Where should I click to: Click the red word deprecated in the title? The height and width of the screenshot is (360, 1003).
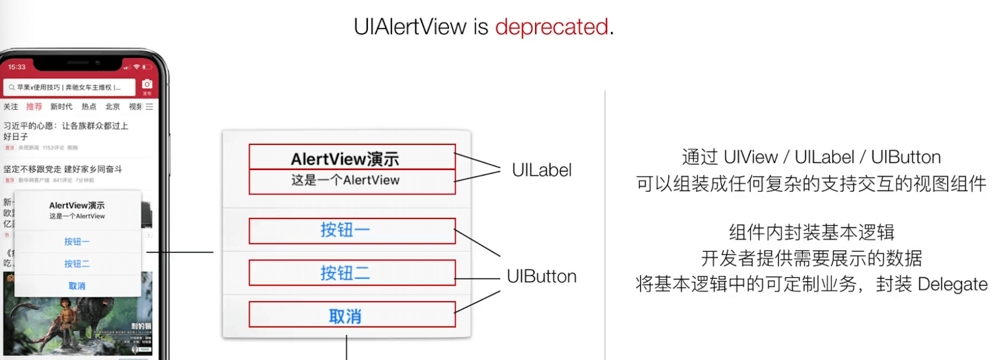(x=551, y=27)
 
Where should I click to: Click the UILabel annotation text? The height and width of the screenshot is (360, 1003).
(x=541, y=170)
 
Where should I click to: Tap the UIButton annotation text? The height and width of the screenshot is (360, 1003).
(x=541, y=276)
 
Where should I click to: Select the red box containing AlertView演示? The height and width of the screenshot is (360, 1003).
(x=352, y=157)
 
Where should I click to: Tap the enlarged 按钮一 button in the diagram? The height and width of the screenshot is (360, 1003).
(x=352, y=231)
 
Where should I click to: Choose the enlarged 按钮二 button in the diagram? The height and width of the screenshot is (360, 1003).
(x=352, y=273)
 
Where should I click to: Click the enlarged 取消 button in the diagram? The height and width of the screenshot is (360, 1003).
(x=352, y=315)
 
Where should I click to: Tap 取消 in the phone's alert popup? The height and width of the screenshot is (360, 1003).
(x=77, y=286)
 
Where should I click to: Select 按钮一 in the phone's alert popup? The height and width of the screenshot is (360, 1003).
(x=77, y=241)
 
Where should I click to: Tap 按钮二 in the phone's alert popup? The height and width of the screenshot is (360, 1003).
(x=77, y=264)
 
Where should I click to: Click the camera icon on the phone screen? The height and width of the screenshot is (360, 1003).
(x=147, y=84)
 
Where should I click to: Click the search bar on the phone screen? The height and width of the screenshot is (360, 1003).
(x=69, y=87)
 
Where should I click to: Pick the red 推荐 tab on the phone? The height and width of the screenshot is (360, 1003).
(x=34, y=107)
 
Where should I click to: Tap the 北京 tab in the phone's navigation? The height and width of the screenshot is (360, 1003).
(x=112, y=107)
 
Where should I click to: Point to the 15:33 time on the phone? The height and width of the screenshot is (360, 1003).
(x=17, y=67)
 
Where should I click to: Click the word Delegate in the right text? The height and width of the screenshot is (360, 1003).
(x=952, y=285)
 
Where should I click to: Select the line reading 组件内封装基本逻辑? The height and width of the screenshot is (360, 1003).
(x=811, y=232)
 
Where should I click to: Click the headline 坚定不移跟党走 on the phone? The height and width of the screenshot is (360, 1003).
(x=63, y=169)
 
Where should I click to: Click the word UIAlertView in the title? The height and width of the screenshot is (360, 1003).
(x=410, y=27)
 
